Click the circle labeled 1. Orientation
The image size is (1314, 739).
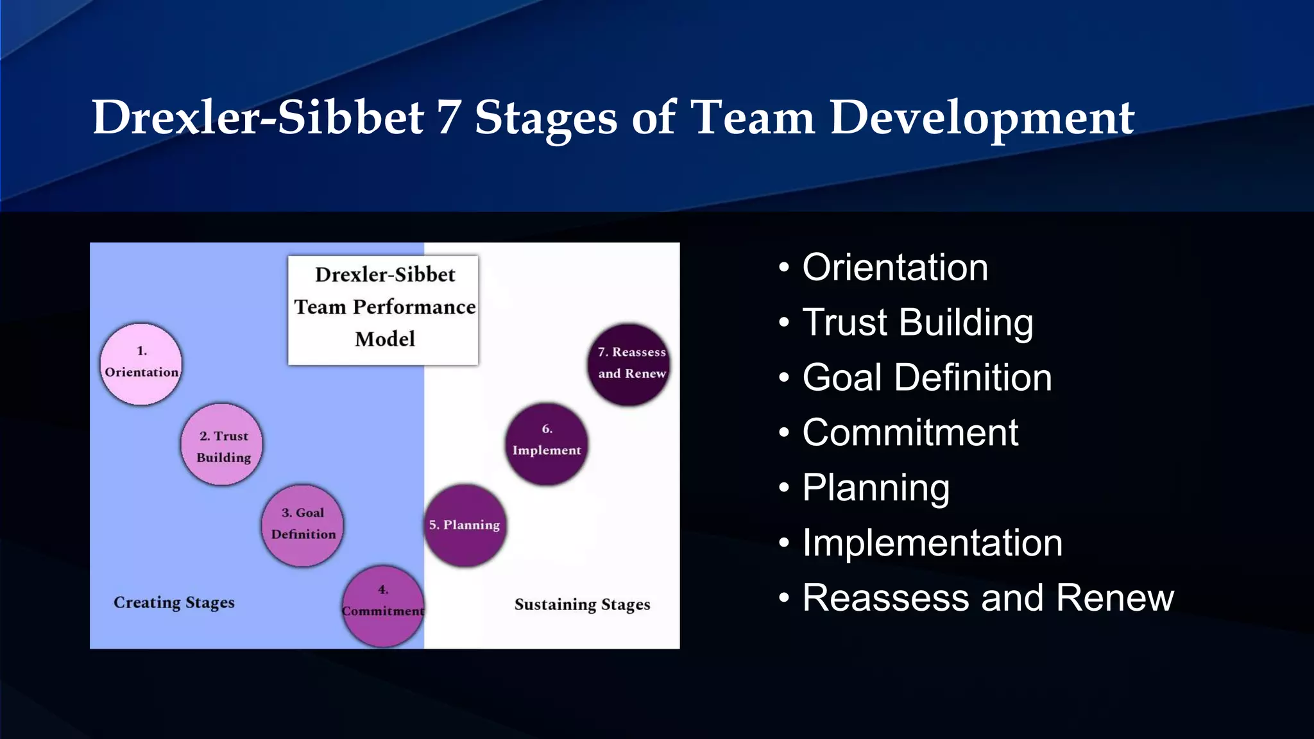[141, 364]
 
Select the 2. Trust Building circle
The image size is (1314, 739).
[222, 445]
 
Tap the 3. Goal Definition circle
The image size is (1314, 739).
[303, 525]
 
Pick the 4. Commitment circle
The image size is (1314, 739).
[383, 606]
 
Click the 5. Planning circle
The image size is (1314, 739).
[465, 525]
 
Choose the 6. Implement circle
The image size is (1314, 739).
[547, 444]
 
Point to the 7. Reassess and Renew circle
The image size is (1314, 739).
[629, 364]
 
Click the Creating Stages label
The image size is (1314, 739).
[174, 603]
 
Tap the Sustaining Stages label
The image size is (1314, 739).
[582, 605]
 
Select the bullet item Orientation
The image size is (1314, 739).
[894, 268]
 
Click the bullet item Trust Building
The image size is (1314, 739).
[917, 323]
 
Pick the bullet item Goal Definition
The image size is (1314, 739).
[926, 378]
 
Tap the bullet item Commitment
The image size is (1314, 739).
[910, 433]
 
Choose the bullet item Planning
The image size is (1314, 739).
[876, 488]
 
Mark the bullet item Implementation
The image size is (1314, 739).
[932, 543]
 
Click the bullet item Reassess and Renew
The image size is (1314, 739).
[987, 599]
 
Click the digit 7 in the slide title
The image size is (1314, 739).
[448, 117]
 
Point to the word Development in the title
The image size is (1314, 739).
[982, 119]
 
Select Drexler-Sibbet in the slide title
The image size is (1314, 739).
[257, 117]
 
